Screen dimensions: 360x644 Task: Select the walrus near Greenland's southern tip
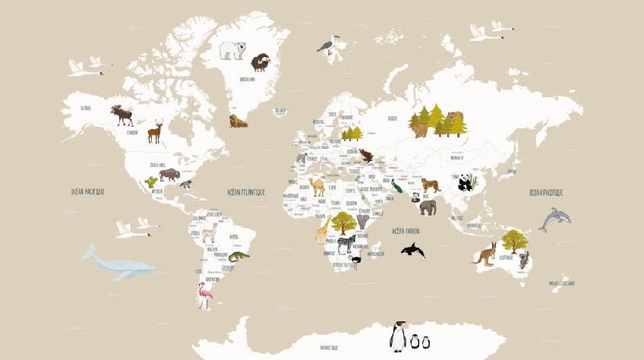point(238,120)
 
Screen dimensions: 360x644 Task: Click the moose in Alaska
point(122,115)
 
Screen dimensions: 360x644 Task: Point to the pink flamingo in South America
point(204,294)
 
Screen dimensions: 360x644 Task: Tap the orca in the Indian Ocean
point(412,250)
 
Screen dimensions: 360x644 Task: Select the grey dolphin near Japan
point(554,219)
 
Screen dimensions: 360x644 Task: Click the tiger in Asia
point(430,185)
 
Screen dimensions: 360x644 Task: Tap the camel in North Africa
point(317,186)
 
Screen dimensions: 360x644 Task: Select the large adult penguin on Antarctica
point(397,336)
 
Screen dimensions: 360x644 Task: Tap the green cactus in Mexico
point(151,182)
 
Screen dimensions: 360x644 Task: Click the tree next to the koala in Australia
point(515,240)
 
